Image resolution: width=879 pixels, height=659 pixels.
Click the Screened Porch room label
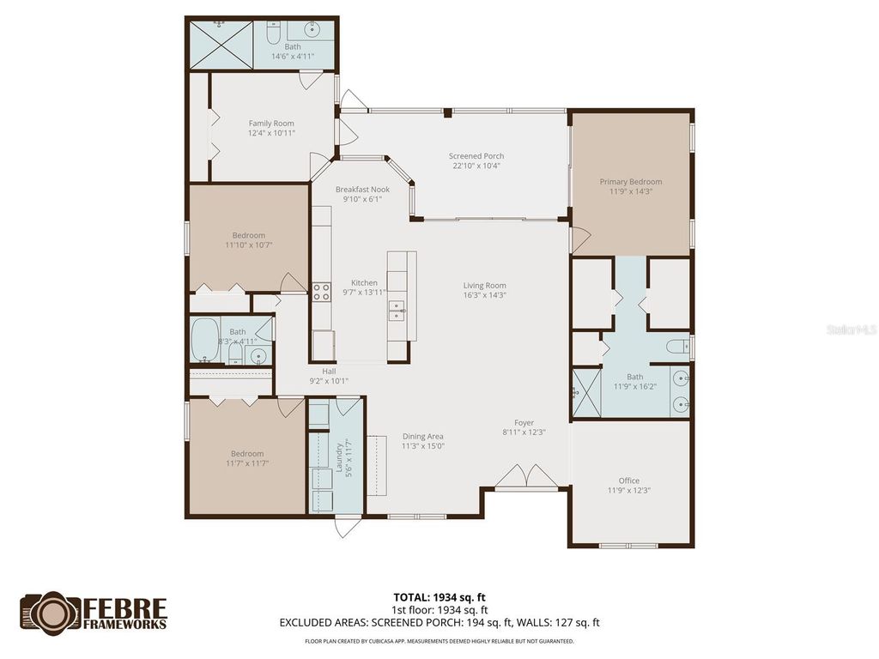point(476,156)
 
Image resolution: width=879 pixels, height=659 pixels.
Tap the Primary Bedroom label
point(630,182)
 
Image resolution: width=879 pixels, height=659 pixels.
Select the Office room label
point(628,481)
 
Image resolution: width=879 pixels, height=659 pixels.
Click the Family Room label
point(271,124)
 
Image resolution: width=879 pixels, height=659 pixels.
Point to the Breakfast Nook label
point(362,190)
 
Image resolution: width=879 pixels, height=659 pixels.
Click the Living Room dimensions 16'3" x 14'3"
point(484,295)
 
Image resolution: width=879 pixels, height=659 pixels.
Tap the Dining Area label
point(422,436)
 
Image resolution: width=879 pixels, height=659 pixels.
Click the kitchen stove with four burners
point(321,292)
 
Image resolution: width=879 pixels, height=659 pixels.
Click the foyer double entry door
point(530,477)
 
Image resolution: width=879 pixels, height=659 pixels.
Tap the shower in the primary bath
point(586,392)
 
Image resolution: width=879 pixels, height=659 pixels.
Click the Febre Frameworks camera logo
point(50,611)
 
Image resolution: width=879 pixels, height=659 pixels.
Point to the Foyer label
point(524,422)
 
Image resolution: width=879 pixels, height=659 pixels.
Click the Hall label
point(329,372)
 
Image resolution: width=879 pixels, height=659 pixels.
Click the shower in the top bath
point(221,45)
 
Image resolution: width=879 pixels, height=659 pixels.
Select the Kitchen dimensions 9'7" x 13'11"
point(363,293)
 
